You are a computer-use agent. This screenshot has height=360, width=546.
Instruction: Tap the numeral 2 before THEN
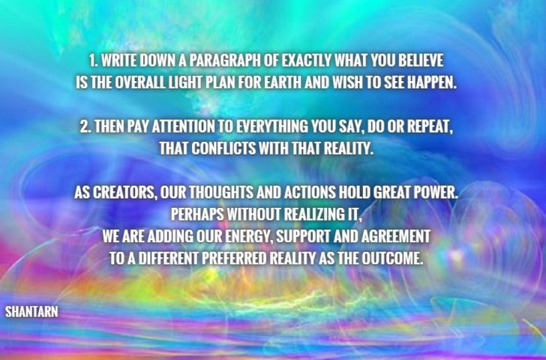[85, 127]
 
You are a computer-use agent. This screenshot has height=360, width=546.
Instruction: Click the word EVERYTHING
[272, 127]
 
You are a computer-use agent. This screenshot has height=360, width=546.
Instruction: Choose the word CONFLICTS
[223, 148]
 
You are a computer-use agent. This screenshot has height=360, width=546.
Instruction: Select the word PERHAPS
[197, 214]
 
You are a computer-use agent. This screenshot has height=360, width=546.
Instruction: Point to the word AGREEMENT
[395, 236]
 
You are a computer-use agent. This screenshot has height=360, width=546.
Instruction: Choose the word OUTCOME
[391, 258]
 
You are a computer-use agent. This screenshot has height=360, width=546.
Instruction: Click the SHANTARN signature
[31, 312]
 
